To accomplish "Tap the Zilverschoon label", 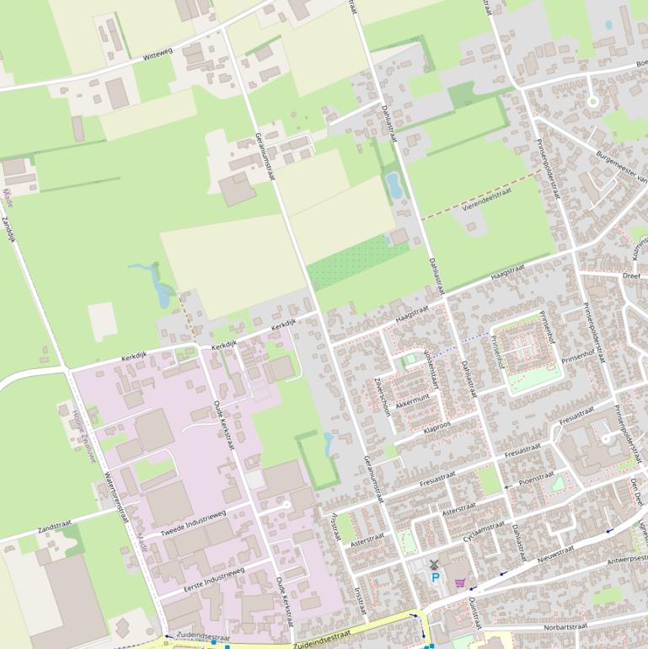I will coord(381,391).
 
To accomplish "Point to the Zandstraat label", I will coord(55,528).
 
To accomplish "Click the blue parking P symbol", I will coord(436,577).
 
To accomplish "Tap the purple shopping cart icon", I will coord(460,582).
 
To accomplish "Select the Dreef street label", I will coord(631,275).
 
